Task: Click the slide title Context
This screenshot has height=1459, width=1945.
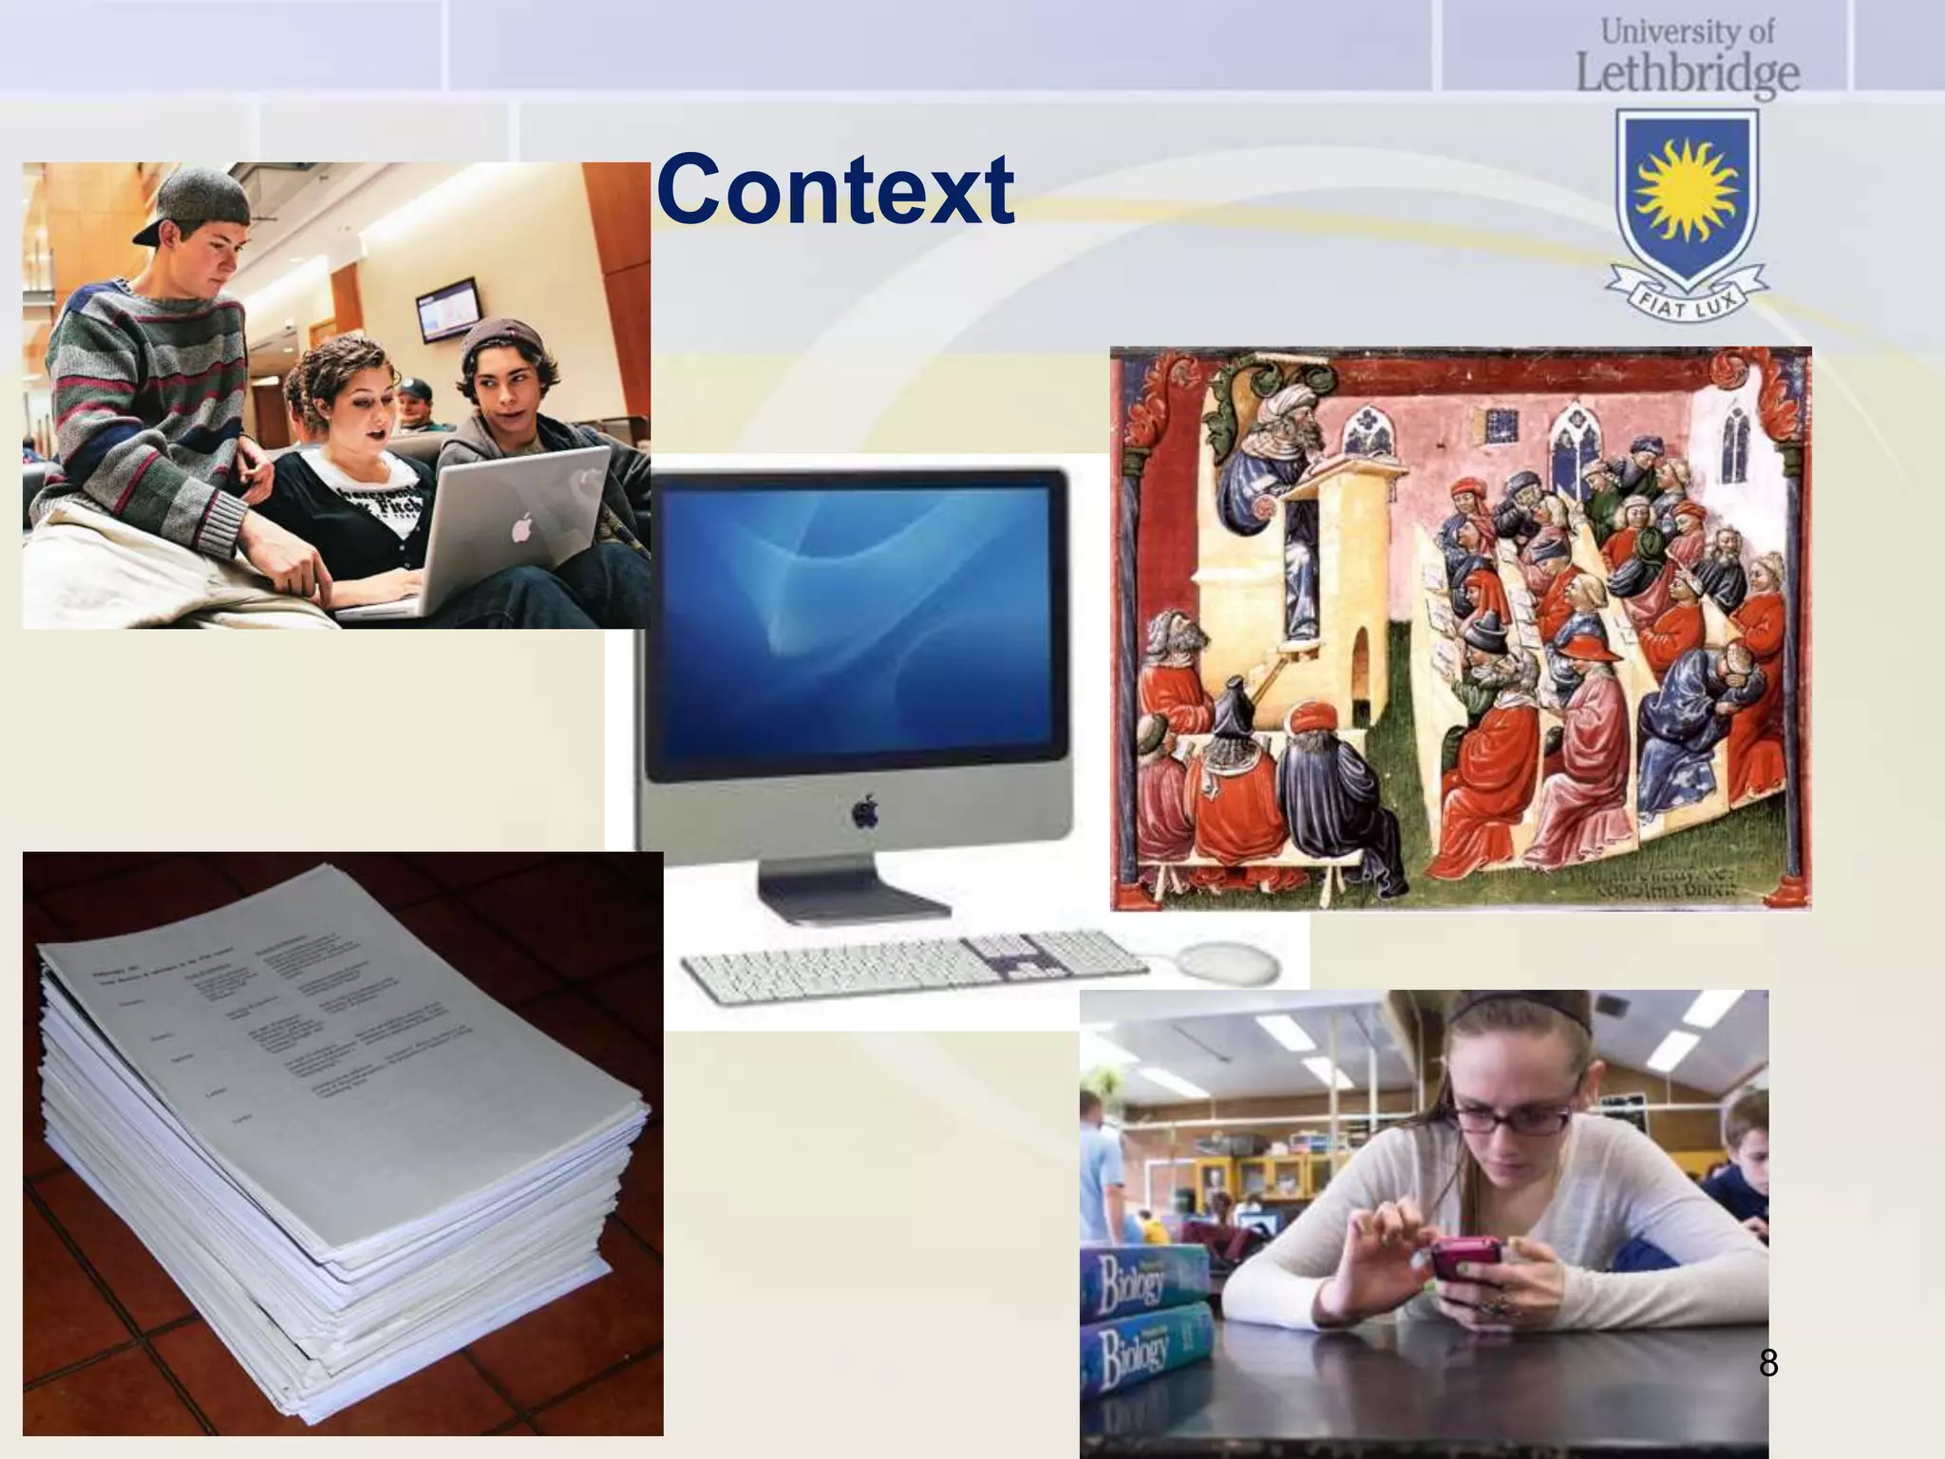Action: pos(835,190)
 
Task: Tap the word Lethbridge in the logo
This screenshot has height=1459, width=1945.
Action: pos(1688,73)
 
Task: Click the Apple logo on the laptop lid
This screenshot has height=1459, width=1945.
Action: pos(520,528)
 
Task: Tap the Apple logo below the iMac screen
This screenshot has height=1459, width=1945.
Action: pos(864,812)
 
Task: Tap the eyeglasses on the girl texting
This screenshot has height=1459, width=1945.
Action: pos(1518,1117)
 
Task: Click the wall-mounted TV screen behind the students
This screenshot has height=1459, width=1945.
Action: pos(446,309)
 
